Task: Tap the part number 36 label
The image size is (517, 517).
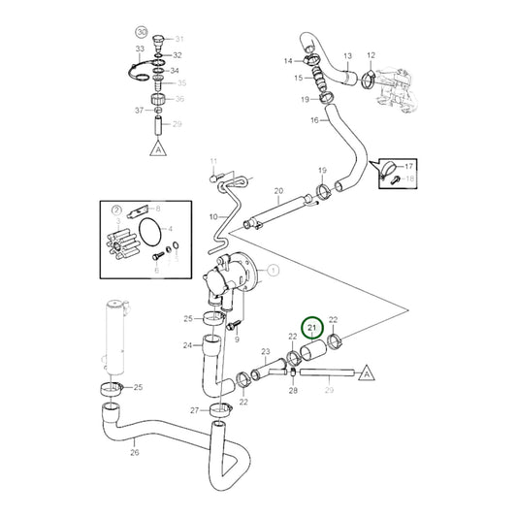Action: (x=178, y=99)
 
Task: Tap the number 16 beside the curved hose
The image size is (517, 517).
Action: (x=313, y=120)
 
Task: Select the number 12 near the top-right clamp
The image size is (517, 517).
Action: (x=370, y=56)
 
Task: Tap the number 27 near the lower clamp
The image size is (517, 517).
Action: (x=194, y=410)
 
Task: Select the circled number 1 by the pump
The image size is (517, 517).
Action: (x=273, y=269)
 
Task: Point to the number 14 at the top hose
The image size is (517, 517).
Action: (x=287, y=61)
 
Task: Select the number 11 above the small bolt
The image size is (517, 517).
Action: (x=214, y=161)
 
